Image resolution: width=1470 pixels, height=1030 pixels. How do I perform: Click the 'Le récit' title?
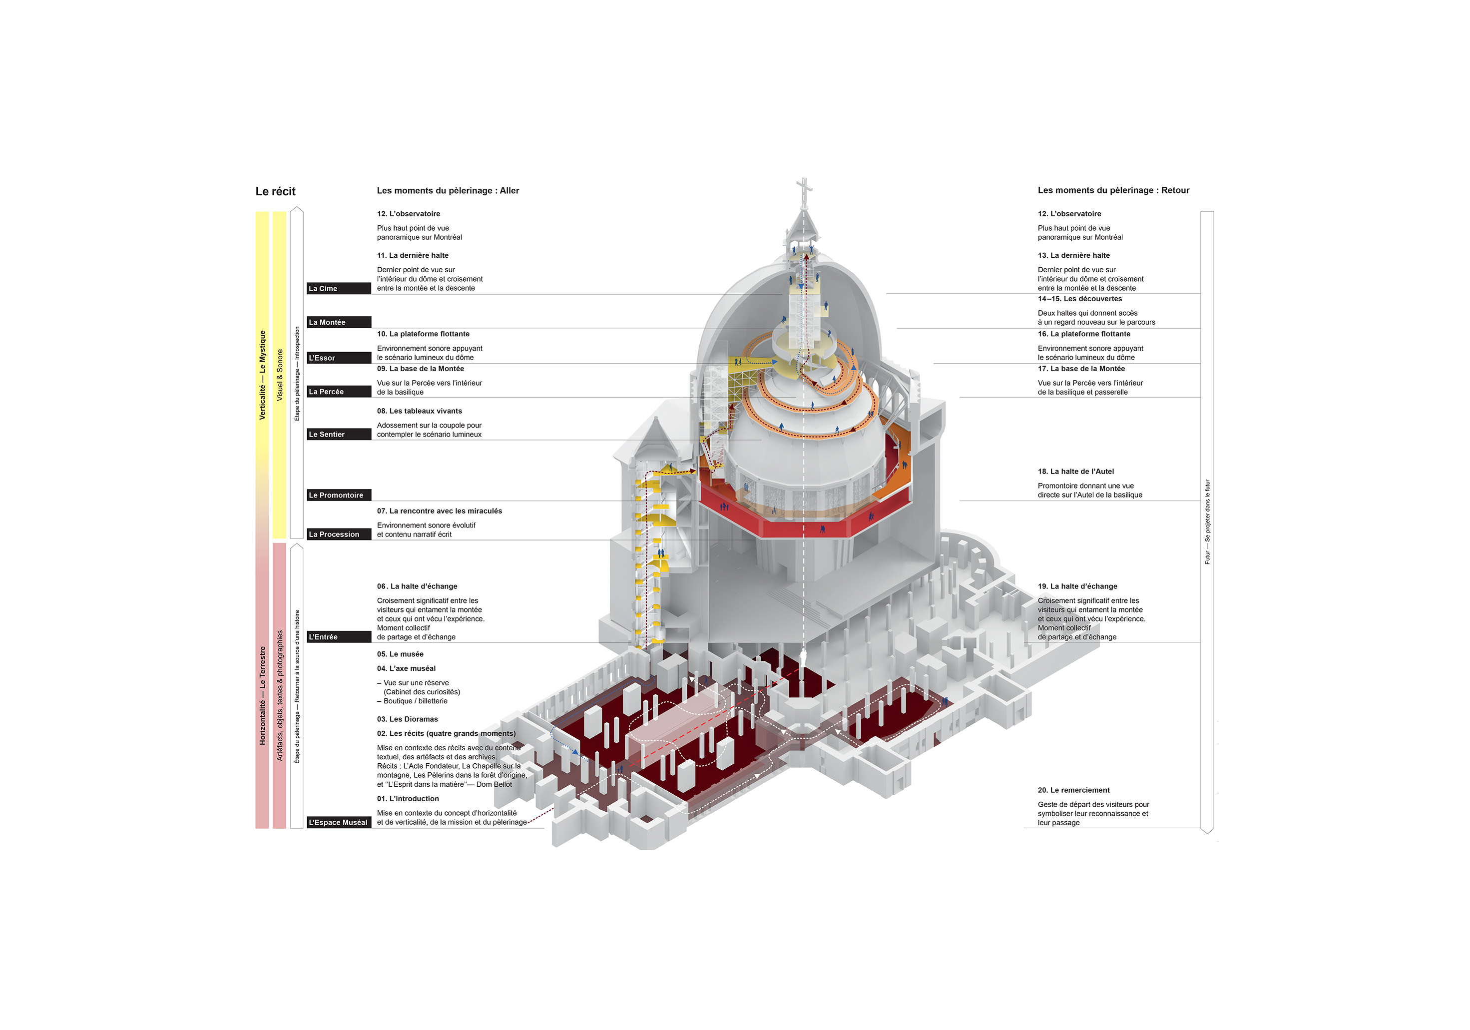pos(275,191)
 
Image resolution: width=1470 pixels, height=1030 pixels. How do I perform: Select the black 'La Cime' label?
pos(339,289)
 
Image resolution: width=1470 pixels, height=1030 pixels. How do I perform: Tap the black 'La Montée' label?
pos(339,323)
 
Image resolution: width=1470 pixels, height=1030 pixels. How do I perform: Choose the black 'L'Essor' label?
pos(339,358)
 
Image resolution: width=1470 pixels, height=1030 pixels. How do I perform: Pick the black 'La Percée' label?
pos(339,392)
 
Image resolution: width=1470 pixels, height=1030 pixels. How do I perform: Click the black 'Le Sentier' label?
pos(339,435)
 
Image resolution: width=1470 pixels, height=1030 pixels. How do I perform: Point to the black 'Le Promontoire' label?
pos(339,496)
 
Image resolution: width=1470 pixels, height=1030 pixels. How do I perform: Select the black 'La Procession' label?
pos(339,534)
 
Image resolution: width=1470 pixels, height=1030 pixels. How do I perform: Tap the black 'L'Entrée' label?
pos(339,637)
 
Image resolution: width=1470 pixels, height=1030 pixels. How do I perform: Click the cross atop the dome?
pos(804,187)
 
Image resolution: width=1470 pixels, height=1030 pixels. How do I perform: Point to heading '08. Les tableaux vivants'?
pos(420,411)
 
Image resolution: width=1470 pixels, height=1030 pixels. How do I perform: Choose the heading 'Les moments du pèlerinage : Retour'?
pos(1113,191)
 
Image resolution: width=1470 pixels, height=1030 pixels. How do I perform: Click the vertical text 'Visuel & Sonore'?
pos(280,375)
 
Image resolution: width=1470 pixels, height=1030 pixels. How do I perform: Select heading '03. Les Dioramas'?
pos(407,719)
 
